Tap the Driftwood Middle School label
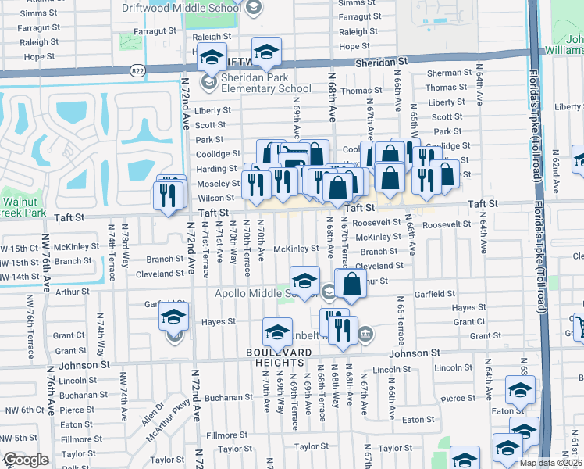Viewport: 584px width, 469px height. pos(181,7)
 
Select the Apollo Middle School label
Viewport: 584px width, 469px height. pos(265,294)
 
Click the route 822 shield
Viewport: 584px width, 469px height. pos(137,70)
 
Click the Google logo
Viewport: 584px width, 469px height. pos(25,460)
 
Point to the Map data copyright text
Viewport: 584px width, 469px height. pos(550,463)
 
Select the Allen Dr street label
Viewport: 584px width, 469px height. pos(153,411)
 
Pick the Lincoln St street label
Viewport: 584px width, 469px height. pos(391,369)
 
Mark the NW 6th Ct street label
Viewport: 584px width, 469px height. pos(22,410)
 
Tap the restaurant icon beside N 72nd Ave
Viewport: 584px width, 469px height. pos(170,194)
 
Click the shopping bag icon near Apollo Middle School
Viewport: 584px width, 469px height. pos(351,284)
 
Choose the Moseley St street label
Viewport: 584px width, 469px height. pos(217,183)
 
